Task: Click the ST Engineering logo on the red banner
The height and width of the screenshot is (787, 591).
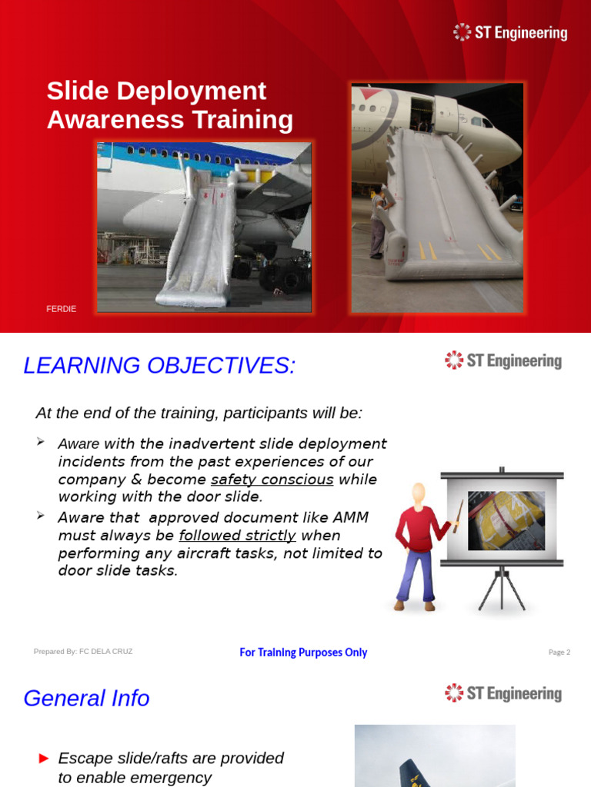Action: pos(510,33)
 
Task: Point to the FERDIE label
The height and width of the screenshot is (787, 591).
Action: pos(62,309)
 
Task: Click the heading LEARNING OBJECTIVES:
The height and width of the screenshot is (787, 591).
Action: pos(159,366)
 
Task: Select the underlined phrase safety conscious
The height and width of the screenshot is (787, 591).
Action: pos(272,480)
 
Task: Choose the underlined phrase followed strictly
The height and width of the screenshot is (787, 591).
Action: pos(237,536)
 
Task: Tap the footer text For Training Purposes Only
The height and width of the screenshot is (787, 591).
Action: pos(303,653)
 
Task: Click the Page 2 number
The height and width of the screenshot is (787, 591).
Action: pos(559,653)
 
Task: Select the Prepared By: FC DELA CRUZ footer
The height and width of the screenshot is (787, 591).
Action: pos(83,652)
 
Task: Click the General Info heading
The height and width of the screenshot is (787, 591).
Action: pos(86,699)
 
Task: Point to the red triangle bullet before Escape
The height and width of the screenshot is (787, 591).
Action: pos(44,759)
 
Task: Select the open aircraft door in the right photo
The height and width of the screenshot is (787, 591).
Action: pos(421,113)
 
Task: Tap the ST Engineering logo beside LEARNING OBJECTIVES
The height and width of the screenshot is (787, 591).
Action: pos(503,360)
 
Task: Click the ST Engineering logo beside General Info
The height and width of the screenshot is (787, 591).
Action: pos(503,693)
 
